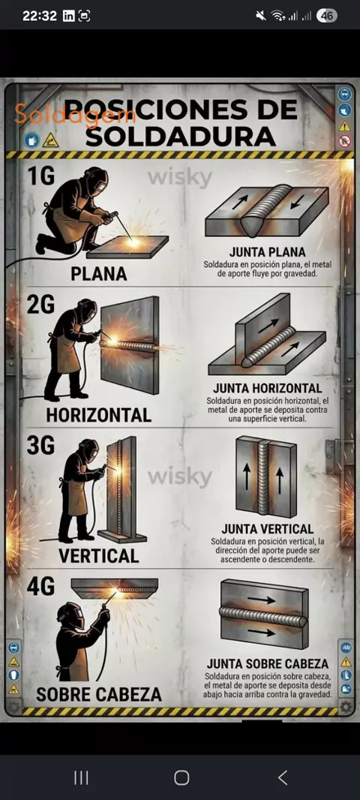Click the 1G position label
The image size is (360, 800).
(40, 176)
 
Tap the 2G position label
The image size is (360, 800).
(40, 307)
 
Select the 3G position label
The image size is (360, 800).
(40, 446)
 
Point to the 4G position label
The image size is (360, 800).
(40, 587)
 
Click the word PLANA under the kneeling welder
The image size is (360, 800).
(99, 275)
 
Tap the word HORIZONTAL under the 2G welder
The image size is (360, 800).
(99, 415)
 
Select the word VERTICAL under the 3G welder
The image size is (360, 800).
(99, 555)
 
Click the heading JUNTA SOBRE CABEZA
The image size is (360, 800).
(268, 663)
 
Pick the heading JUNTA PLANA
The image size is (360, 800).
(268, 252)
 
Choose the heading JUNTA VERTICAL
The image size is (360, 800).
(268, 528)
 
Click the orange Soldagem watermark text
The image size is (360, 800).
(76, 114)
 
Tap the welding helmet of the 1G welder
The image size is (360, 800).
(96, 181)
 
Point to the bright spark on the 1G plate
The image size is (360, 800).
(133, 241)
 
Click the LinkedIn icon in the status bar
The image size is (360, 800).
(68, 17)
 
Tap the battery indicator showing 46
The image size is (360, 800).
(327, 16)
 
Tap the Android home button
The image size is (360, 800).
(181, 777)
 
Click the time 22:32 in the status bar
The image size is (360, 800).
(40, 17)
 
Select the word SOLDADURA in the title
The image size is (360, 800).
(181, 137)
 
